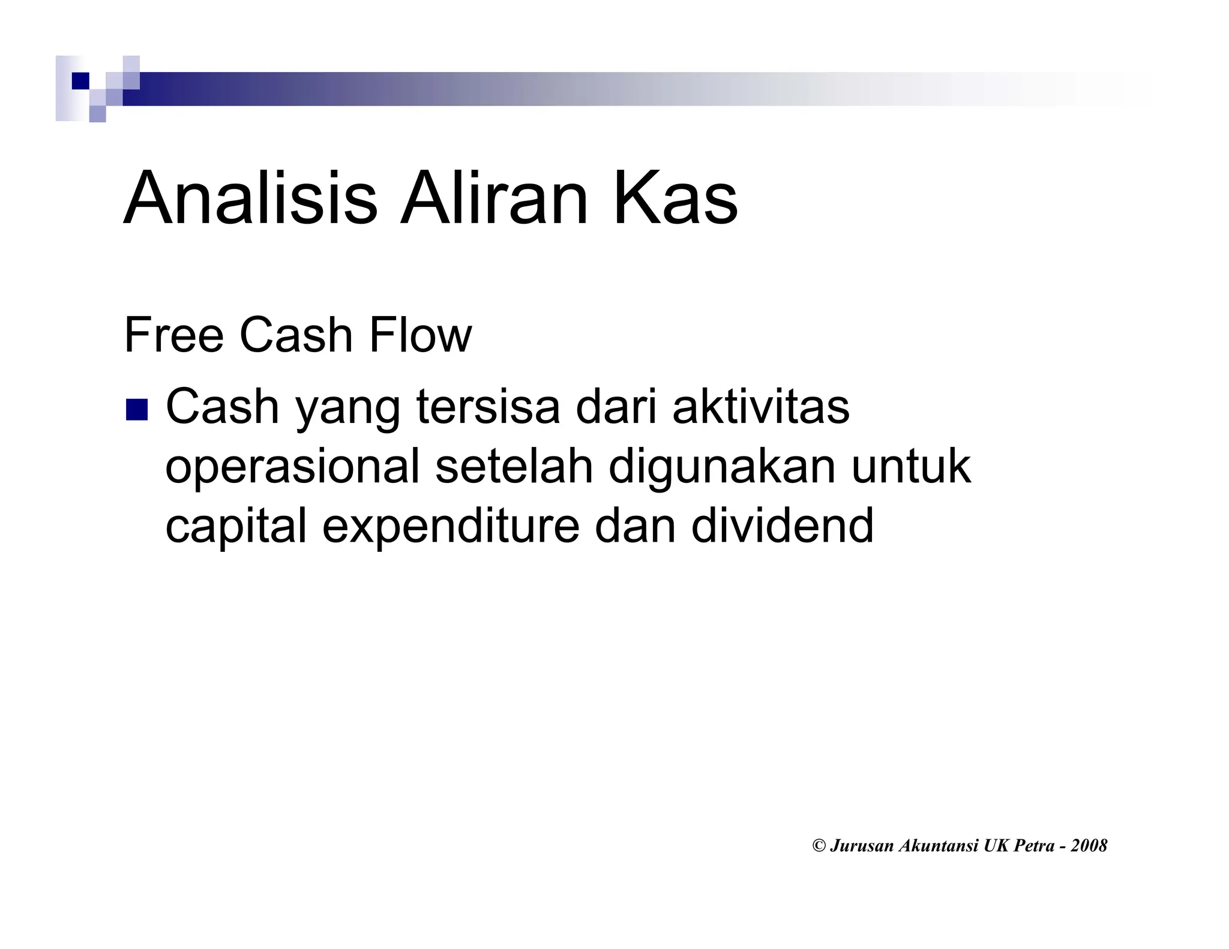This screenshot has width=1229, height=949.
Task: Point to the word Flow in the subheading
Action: [420, 335]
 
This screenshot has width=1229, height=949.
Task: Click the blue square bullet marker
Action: [136, 410]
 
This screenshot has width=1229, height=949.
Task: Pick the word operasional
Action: [292, 468]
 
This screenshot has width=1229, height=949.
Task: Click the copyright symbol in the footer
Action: [819, 846]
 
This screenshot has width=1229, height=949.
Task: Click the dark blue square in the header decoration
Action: [80, 80]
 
